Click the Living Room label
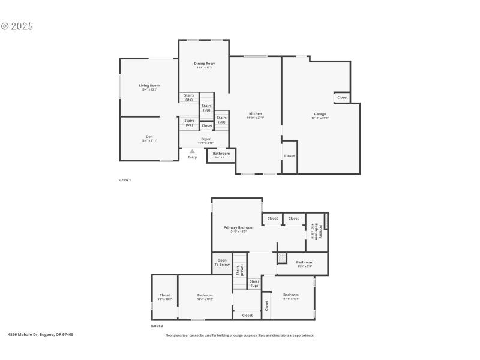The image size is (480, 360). click(149, 86)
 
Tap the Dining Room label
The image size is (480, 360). click(205, 64)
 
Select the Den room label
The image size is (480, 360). click(149, 137)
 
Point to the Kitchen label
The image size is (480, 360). click(256, 114)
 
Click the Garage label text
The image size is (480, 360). click(320, 114)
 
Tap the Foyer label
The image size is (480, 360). click(205, 139)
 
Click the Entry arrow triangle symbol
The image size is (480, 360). click(192, 151)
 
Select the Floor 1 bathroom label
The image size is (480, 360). click(221, 154)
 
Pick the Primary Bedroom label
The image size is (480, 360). click(238, 228)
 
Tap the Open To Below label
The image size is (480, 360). click(223, 262)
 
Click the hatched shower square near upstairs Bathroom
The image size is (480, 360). click(282, 257)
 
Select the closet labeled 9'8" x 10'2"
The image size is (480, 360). click(164, 296)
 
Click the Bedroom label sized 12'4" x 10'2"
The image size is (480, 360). click(205, 296)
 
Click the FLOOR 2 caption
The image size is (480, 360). click(157, 326)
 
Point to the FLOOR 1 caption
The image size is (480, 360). click(124, 180)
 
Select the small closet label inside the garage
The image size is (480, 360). click(342, 97)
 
